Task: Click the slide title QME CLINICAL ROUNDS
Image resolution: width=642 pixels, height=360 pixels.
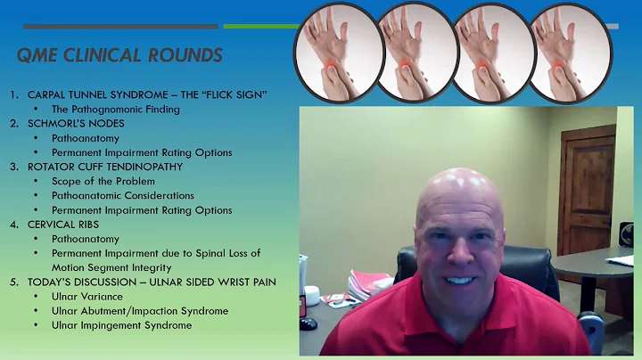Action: [119, 56]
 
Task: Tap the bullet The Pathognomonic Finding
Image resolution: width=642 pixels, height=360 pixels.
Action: [116, 109]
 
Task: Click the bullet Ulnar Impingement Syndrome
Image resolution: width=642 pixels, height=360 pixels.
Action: [121, 325]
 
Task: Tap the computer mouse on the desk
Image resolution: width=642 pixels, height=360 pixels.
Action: [309, 323]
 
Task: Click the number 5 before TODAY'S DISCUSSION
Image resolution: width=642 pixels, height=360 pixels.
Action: [13, 282]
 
